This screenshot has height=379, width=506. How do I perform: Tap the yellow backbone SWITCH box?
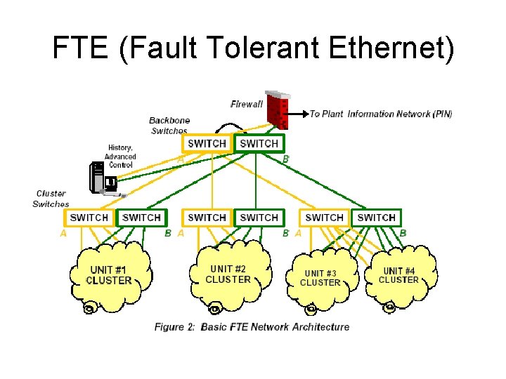(x=207, y=143)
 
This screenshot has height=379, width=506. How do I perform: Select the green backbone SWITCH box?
(x=259, y=143)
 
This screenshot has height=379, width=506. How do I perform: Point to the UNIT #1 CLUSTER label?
(x=108, y=275)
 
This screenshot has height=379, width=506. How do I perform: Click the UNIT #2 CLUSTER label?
(x=228, y=274)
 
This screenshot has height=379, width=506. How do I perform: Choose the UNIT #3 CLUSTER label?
(x=320, y=278)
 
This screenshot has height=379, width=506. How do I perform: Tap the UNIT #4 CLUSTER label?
(x=398, y=275)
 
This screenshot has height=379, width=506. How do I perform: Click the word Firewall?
(x=246, y=105)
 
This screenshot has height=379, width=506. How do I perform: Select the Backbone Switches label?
(x=169, y=126)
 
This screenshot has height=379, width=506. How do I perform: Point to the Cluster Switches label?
(x=51, y=199)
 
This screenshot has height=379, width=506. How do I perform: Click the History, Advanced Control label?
(x=120, y=156)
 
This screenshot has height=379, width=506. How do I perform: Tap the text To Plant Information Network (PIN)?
(x=381, y=114)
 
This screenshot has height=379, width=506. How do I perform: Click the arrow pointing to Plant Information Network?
(x=299, y=113)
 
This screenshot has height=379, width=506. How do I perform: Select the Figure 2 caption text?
(x=252, y=326)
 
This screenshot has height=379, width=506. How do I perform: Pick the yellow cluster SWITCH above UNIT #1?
(x=89, y=218)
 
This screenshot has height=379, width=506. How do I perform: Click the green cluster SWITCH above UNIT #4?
(x=377, y=218)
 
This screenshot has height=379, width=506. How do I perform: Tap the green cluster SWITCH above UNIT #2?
(x=259, y=218)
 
